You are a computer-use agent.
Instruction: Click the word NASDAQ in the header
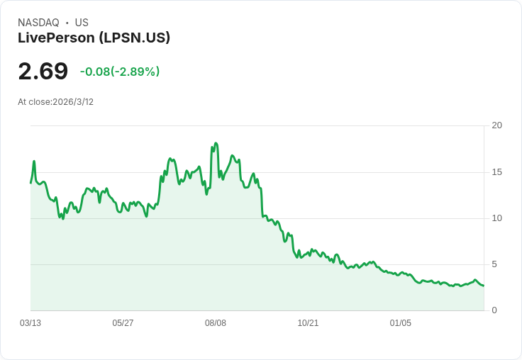coord(38,23)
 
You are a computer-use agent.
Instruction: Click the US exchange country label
coord(82,23)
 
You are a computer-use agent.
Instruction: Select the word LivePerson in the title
coord(57,38)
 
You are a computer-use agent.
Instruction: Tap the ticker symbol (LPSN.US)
coord(135,38)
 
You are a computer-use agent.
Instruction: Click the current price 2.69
coord(43,71)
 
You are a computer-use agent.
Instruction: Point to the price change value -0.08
coord(94,72)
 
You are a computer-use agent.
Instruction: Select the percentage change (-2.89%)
coord(135,72)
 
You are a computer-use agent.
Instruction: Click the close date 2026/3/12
coord(73,102)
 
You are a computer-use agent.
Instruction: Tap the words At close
coord(35,102)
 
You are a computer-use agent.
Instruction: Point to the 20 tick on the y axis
coord(496,125)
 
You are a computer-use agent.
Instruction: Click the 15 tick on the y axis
coord(496,172)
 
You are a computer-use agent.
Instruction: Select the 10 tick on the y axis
coord(496,218)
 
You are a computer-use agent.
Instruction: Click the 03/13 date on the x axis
coord(30,323)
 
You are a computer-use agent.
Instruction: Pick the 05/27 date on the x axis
coord(123,323)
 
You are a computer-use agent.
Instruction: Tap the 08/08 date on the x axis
coord(216,323)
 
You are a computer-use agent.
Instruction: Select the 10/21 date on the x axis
coord(308,323)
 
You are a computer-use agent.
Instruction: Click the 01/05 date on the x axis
coord(401,323)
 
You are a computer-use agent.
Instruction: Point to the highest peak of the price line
coord(216,144)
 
